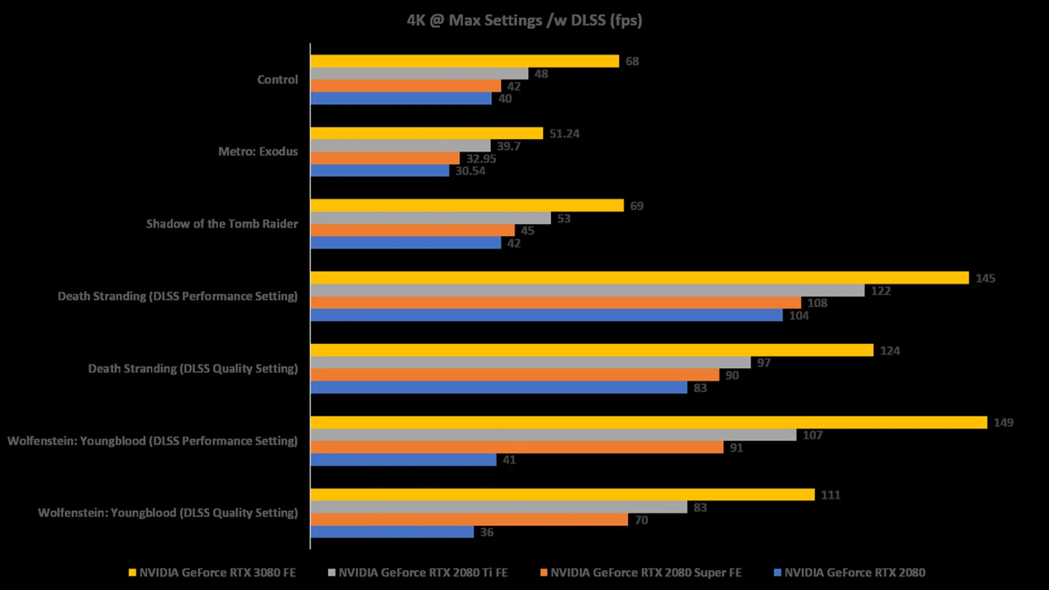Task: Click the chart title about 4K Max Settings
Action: (524, 20)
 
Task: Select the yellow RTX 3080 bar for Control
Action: (464, 61)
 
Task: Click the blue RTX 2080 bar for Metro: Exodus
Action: (380, 171)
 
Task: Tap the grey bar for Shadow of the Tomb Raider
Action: (431, 218)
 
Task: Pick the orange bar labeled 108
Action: (556, 303)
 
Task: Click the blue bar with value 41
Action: (403, 460)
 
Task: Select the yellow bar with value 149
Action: (649, 422)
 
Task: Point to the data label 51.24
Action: (564, 134)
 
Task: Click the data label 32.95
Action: (481, 158)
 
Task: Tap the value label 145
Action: (985, 278)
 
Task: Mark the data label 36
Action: (487, 532)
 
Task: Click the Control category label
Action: (278, 80)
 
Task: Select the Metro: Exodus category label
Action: (258, 151)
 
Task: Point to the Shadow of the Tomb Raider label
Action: (222, 224)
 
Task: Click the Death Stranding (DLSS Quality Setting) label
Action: (193, 369)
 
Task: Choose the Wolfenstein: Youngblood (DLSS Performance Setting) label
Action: (152, 441)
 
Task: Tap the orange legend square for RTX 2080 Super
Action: (544, 573)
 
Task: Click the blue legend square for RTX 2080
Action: (777, 573)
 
